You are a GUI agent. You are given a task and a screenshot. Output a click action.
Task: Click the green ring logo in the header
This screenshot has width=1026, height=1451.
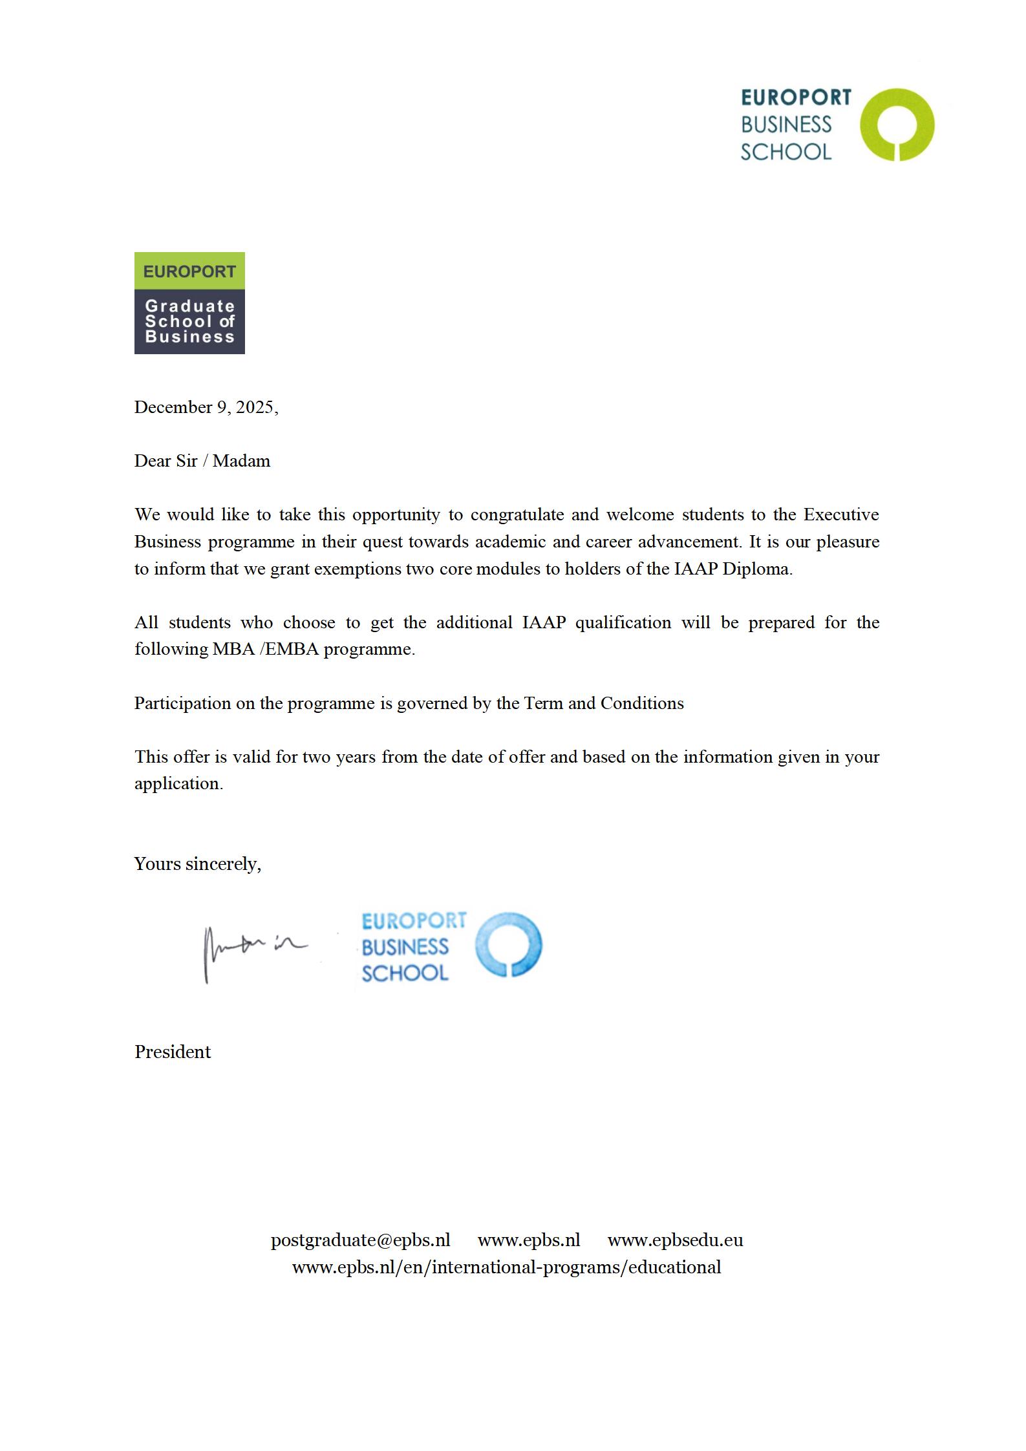(x=897, y=125)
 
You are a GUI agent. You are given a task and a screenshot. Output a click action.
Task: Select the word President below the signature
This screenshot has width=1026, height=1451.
(x=173, y=1052)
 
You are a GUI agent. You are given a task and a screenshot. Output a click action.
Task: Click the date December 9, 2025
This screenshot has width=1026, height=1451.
(x=206, y=407)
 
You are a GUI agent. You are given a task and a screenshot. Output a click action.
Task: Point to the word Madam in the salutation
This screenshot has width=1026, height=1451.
(x=241, y=461)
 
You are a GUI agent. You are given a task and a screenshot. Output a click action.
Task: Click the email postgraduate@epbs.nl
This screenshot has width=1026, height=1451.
(x=360, y=1240)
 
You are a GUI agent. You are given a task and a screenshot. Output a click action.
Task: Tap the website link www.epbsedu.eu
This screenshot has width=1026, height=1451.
(x=675, y=1240)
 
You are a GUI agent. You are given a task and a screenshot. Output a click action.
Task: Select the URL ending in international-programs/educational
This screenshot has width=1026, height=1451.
(x=506, y=1267)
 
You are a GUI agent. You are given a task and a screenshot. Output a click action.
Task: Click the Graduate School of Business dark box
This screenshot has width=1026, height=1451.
(x=189, y=321)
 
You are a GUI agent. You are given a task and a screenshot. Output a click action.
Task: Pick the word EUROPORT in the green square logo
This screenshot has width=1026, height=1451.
(x=189, y=271)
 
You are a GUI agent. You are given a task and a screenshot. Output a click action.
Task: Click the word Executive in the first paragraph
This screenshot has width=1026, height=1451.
(x=840, y=514)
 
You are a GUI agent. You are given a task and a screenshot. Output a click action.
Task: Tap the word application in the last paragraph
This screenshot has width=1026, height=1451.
(x=178, y=783)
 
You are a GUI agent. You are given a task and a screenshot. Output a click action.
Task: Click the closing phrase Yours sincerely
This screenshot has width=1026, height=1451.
(x=197, y=864)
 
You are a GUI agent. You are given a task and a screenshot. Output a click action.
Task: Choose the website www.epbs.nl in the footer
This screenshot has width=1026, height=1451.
(x=529, y=1240)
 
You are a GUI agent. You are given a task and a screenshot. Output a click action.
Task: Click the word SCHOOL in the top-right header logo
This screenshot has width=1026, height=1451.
(x=786, y=152)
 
